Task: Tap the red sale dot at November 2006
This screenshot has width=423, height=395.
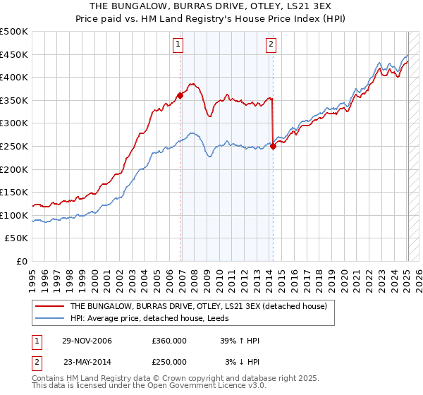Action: click(180, 96)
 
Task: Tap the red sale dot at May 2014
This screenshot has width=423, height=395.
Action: click(273, 147)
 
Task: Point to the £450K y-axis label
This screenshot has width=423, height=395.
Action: click(13, 54)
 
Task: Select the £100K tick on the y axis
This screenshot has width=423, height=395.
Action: click(13, 215)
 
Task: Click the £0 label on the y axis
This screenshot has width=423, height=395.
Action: click(20, 261)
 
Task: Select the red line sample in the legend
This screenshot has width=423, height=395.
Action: click(49, 307)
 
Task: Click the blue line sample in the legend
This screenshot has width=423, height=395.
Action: click(49, 318)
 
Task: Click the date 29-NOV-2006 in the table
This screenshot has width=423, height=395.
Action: click(87, 341)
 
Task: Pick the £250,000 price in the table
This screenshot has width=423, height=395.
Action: click(168, 361)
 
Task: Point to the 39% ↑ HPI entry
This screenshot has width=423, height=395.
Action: click(240, 341)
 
